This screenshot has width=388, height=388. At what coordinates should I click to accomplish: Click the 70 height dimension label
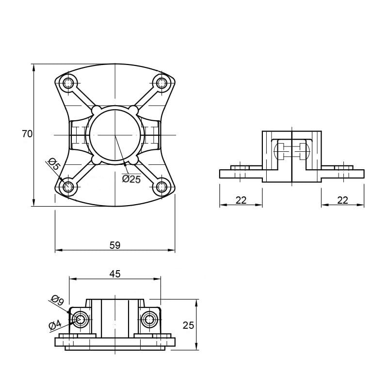pos(27,134)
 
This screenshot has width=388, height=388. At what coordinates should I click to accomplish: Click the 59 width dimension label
pos(115,245)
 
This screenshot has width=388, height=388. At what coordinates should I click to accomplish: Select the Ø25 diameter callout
pos(131,179)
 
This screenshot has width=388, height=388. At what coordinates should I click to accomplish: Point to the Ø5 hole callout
pos(53,163)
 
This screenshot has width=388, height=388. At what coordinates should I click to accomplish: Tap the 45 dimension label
pos(115,274)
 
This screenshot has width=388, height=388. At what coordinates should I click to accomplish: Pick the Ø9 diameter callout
pos(57,300)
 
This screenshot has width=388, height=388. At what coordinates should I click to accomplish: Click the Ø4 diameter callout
pos(55,325)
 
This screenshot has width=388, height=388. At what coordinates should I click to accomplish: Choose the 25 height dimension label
pos(188,325)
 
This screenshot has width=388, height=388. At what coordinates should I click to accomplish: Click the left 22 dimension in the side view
pos(241,200)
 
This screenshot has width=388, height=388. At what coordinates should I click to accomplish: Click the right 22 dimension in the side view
pos(343,200)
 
